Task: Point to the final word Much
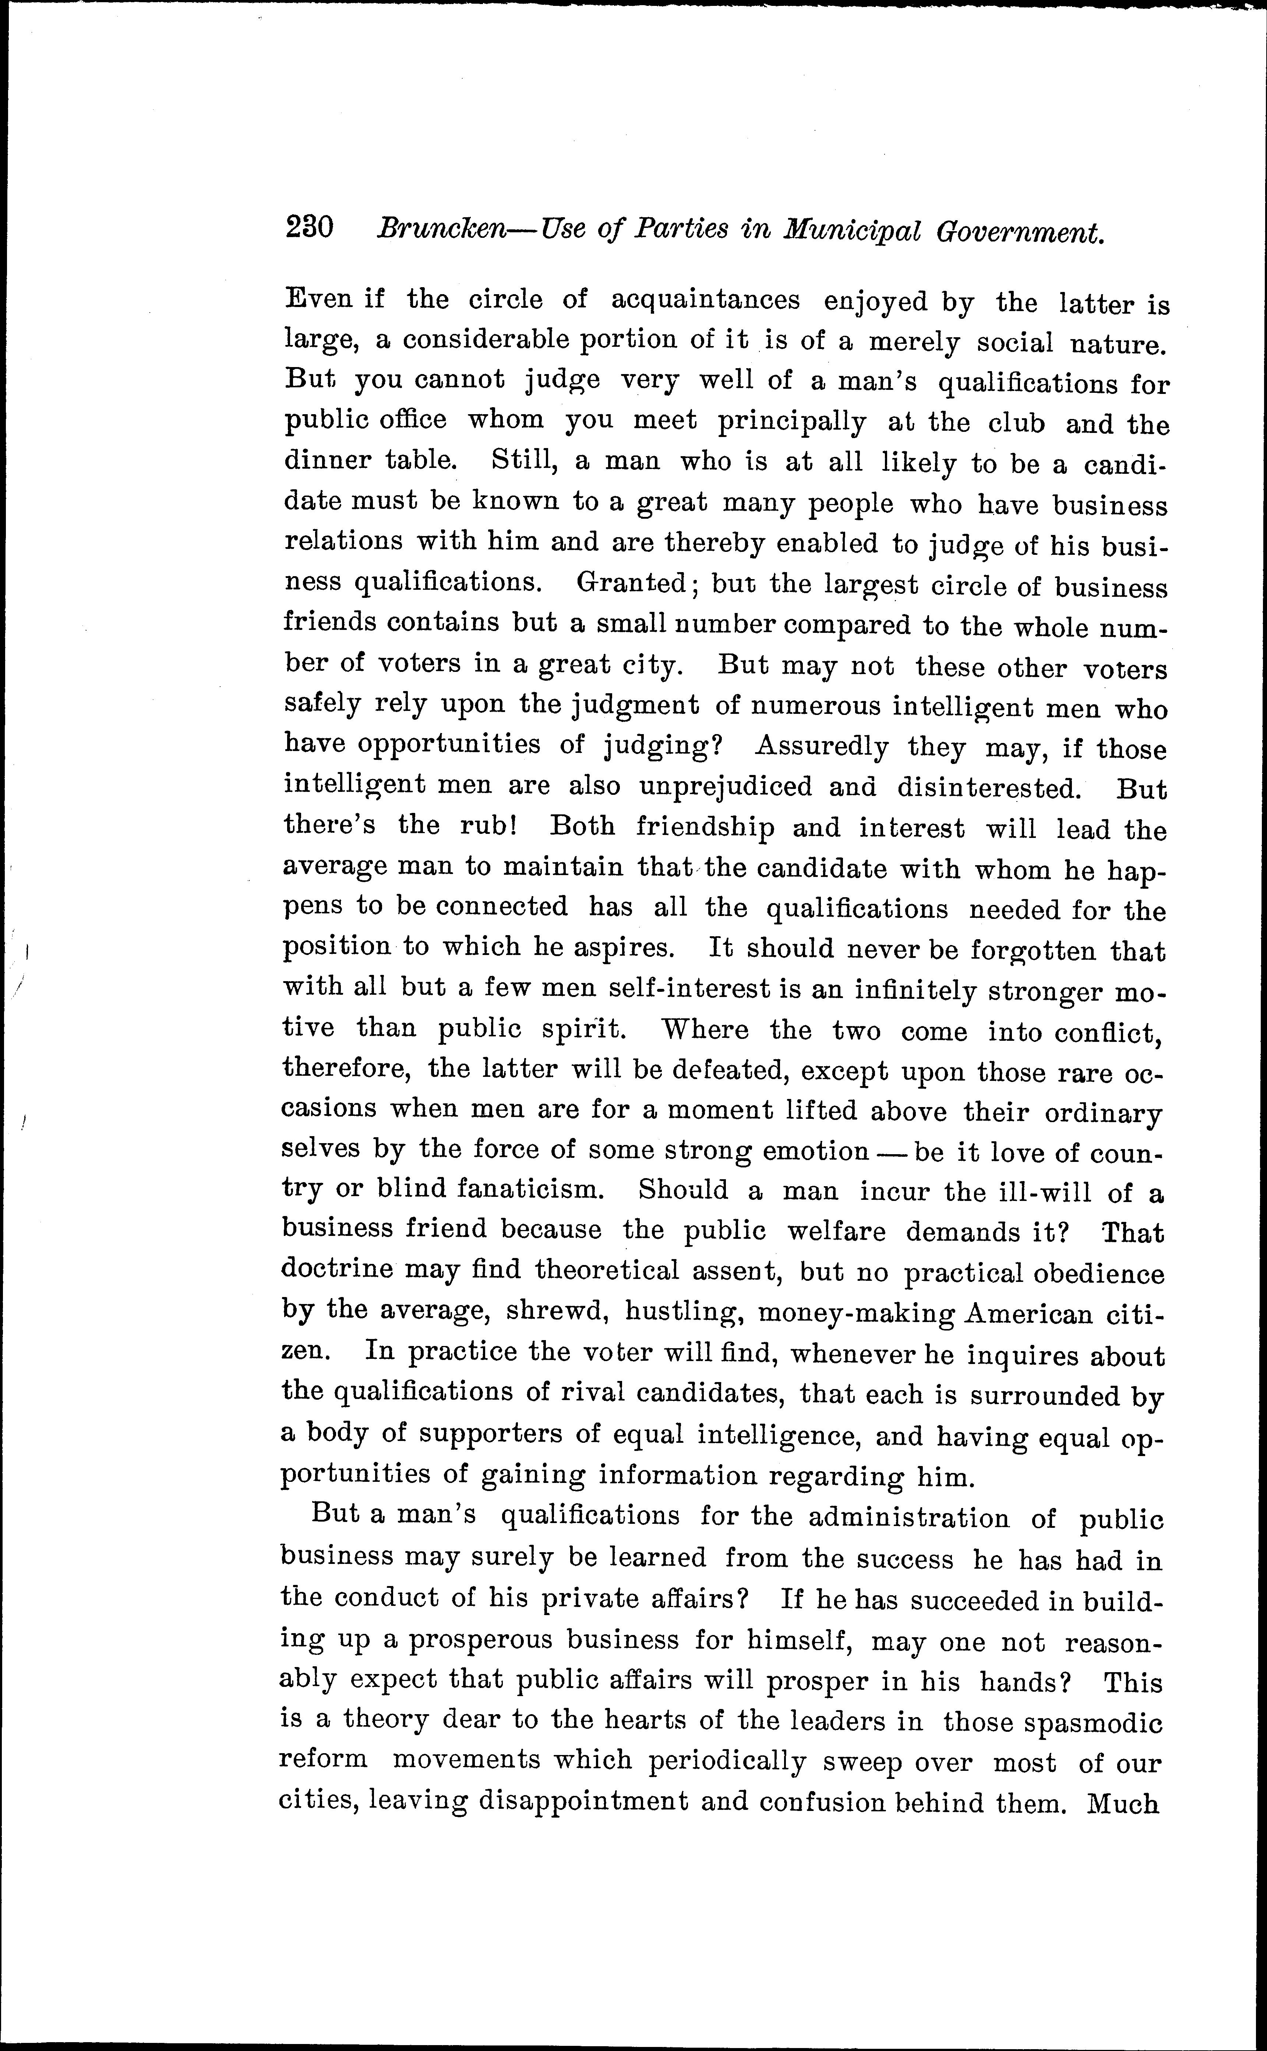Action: click(1123, 1803)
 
